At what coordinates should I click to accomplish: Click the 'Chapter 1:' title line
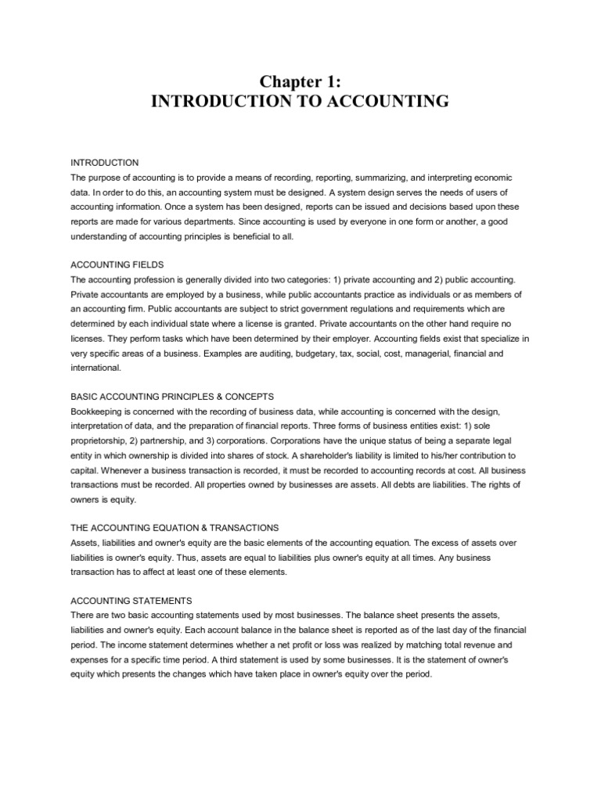tap(300, 81)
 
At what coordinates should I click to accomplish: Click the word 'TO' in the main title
tap(334, 101)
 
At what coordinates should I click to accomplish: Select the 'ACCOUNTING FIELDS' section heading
tap(110, 264)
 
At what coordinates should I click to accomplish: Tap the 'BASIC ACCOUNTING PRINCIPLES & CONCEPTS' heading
tap(172, 397)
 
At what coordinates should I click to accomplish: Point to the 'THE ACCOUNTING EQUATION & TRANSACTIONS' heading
tap(175, 528)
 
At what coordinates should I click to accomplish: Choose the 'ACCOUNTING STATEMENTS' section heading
tap(120, 601)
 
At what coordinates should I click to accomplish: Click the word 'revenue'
tap(488, 645)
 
